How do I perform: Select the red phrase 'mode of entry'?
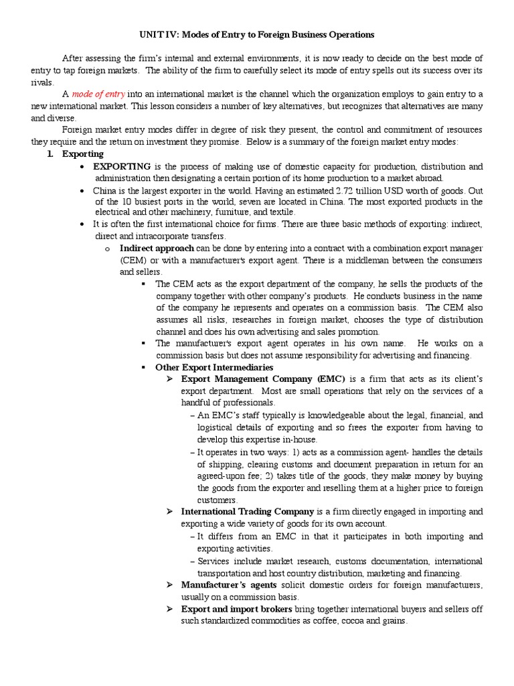tap(98, 94)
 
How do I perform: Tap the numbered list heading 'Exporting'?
tap(82, 154)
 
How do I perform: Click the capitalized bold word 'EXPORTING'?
tap(122, 166)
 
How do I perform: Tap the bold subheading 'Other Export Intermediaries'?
tap(214, 367)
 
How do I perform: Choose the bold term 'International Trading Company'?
tap(247, 512)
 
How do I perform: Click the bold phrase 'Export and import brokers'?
tap(237, 609)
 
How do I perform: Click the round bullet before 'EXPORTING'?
tap(82, 167)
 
